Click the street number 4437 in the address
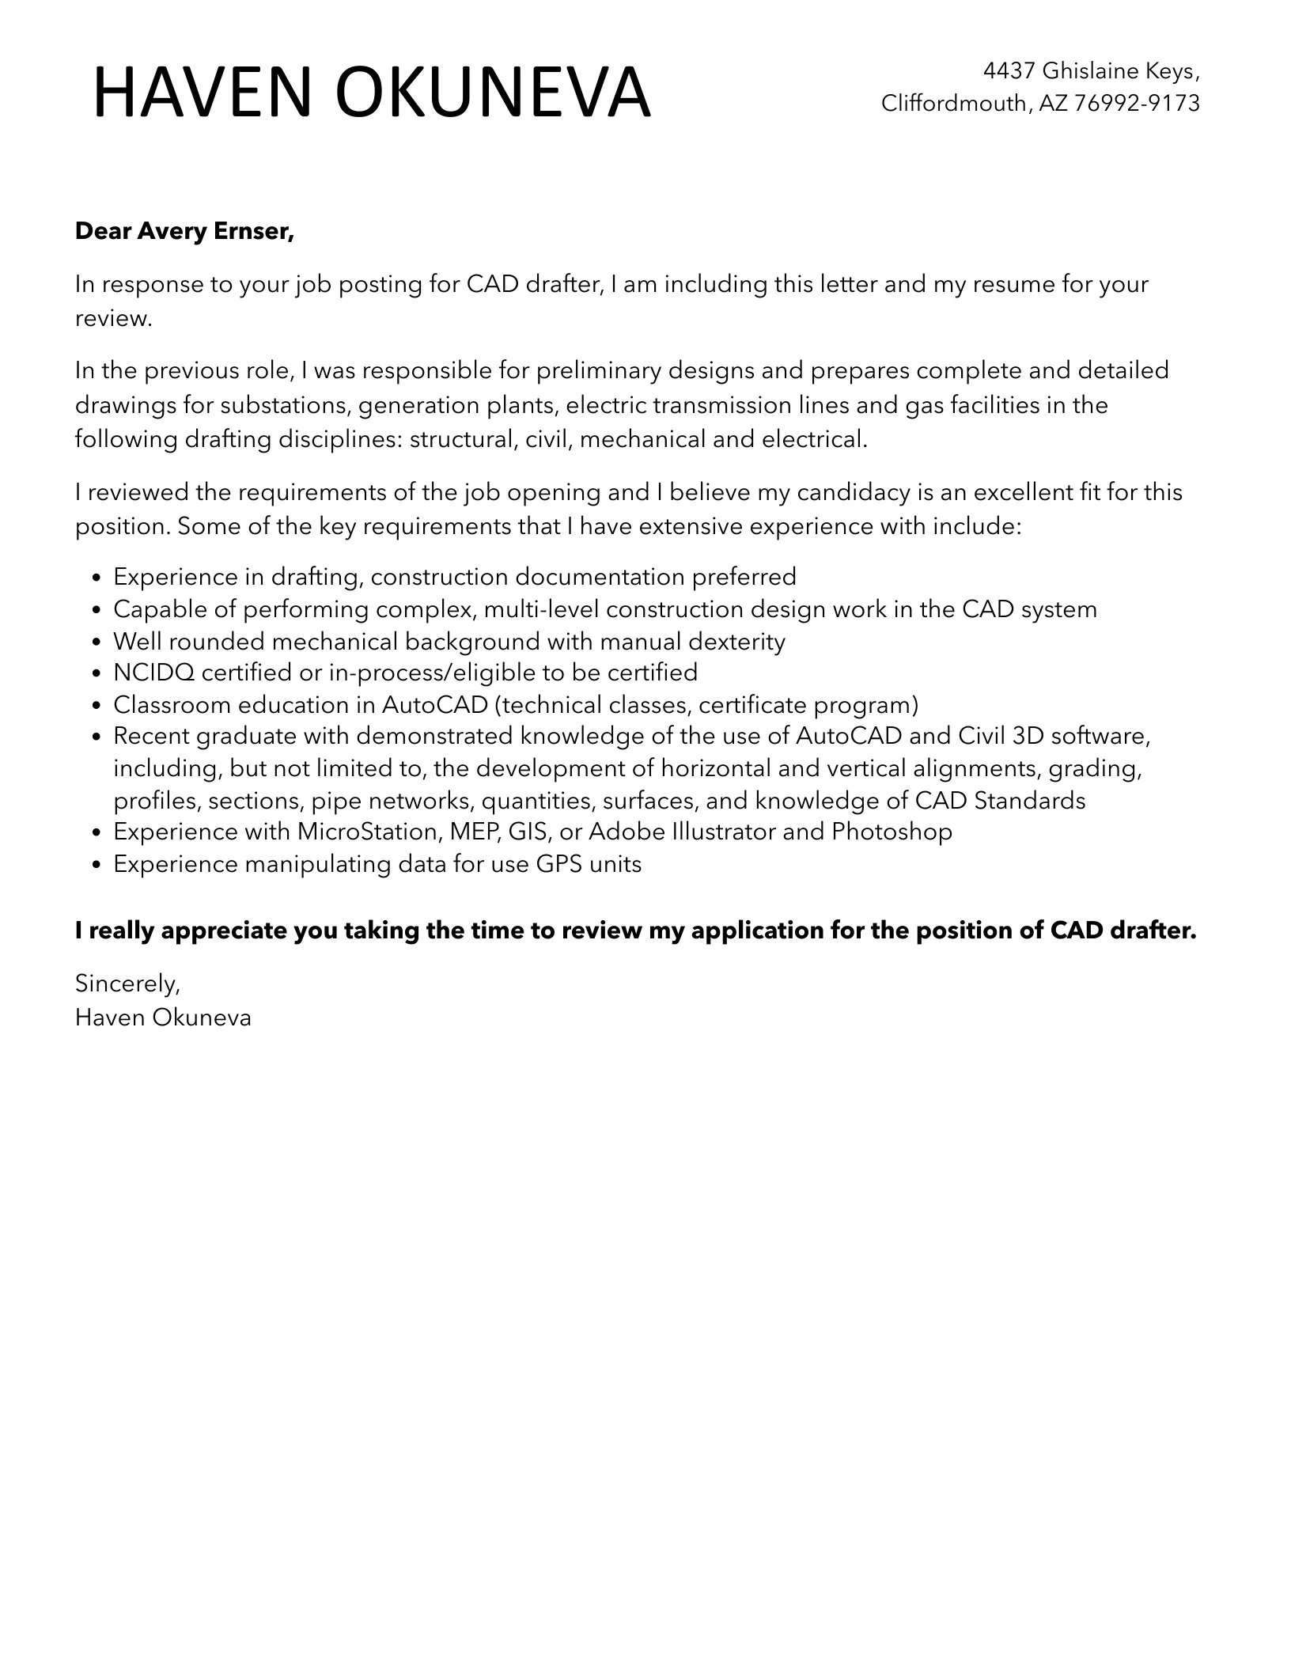(x=1009, y=71)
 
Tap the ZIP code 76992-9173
(x=1137, y=103)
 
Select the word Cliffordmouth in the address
(x=953, y=103)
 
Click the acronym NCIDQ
(x=153, y=673)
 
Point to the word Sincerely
(x=127, y=983)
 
